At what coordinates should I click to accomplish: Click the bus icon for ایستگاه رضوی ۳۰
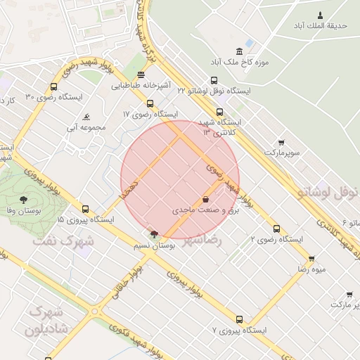tap(53, 87)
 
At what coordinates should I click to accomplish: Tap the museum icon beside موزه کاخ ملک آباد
tap(240, 51)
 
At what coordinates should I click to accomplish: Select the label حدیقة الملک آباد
tap(321, 25)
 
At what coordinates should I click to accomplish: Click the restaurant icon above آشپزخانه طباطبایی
tap(141, 75)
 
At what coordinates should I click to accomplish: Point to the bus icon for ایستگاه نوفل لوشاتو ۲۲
tap(214, 80)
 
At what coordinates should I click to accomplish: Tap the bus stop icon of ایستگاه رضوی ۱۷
tap(150, 103)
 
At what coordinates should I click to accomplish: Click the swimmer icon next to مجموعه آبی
tap(86, 117)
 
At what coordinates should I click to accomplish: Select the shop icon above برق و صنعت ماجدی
tap(205, 200)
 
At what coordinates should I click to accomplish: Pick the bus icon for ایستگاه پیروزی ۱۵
tap(85, 209)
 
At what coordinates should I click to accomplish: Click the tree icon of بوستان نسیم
tap(154, 234)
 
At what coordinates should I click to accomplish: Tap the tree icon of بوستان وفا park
tap(23, 200)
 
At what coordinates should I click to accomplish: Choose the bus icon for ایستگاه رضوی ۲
tap(276, 229)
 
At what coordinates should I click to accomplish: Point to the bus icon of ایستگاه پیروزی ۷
tap(239, 319)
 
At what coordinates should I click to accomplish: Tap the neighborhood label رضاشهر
tap(202, 240)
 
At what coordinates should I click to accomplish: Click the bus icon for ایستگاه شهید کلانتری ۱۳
tap(219, 111)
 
